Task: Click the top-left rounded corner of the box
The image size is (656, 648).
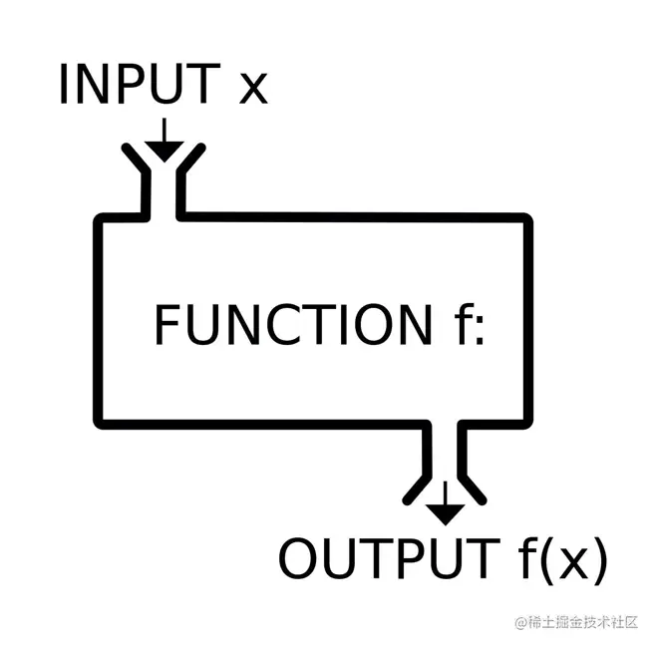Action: click(102, 221)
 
